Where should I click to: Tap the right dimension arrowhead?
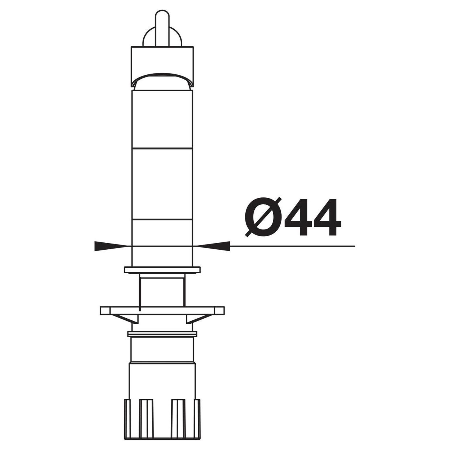214,246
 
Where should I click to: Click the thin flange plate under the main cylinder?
162,270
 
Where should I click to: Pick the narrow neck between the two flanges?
162,290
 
